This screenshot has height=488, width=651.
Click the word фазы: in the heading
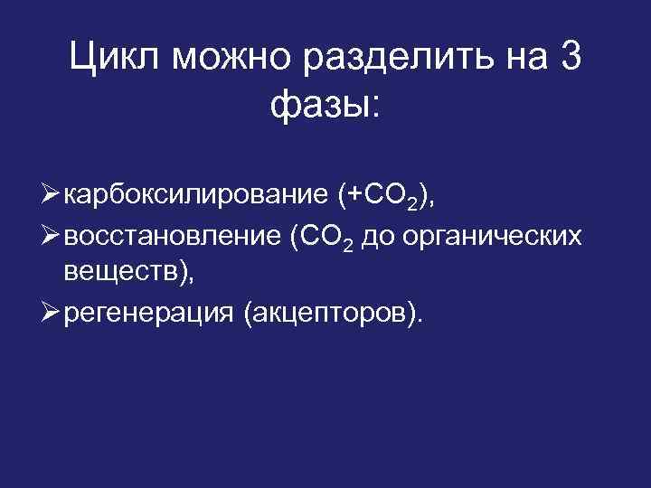[325, 107]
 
